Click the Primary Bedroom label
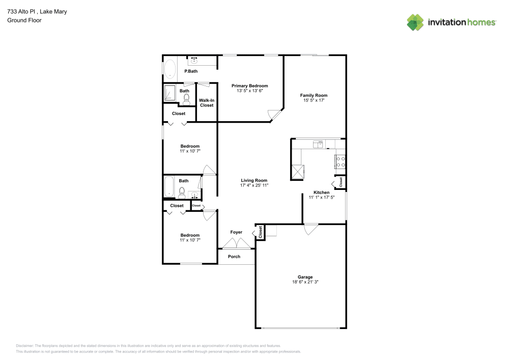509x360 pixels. (249, 86)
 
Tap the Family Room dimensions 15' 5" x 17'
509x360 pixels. (314, 101)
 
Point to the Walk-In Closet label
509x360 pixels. (207, 103)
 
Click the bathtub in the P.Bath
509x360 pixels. (169, 70)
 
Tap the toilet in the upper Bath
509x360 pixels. (186, 99)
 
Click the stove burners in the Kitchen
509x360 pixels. (340, 162)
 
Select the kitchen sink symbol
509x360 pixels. (318, 144)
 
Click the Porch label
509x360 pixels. (234, 257)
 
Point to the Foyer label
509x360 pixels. (236, 232)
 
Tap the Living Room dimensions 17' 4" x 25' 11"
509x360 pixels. (254, 186)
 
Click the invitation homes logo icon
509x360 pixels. (415, 22)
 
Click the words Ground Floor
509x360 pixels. (24, 20)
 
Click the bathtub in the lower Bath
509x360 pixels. (169, 186)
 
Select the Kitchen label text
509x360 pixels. (321, 192)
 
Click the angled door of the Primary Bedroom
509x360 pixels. (275, 116)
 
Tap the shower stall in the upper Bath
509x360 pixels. (170, 94)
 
